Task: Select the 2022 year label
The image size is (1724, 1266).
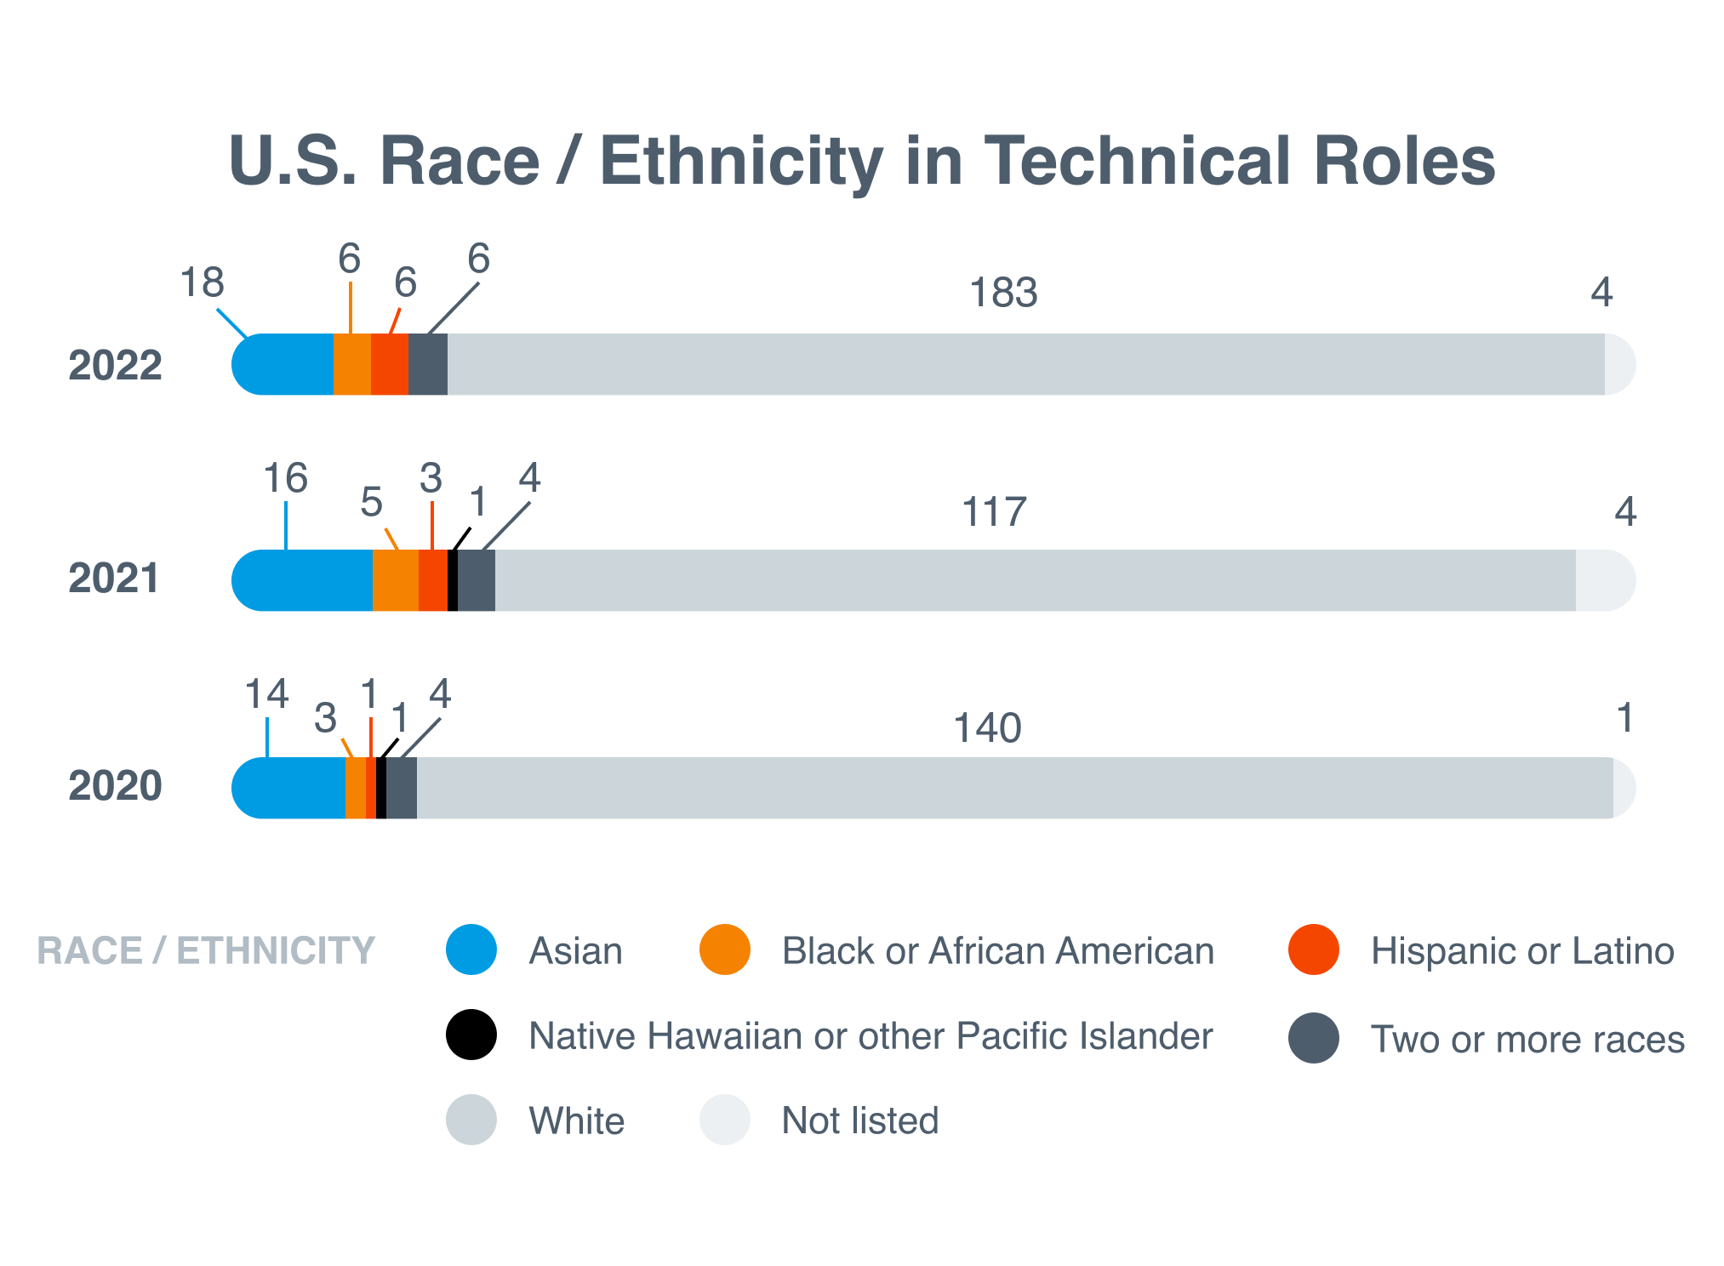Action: (x=115, y=365)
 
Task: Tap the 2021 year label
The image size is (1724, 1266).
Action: (x=113, y=579)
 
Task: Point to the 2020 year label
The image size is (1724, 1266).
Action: (x=115, y=785)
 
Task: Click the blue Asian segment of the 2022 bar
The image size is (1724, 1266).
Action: (x=285, y=365)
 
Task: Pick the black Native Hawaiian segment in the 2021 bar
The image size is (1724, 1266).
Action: (x=453, y=580)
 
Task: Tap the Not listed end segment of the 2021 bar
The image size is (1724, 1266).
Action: (x=1604, y=580)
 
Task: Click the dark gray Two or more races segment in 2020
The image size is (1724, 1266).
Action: (x=402, y=788)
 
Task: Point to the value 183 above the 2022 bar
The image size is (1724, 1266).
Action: (x=1003, y=293)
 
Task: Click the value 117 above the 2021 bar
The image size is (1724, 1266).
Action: (x=993, y=512)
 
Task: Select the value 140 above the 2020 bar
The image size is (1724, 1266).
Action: (x=986, y=728)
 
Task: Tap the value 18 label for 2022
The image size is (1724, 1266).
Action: (x=203, y=282)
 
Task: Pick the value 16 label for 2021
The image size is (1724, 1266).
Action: (x=285, y=478)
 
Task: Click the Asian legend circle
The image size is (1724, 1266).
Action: (x=471, y=949)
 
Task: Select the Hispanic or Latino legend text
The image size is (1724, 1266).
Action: (x=1521, y=951)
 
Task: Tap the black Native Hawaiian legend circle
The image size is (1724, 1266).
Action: (x=471, y=1035)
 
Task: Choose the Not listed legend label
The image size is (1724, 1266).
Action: (x=859, y=1121)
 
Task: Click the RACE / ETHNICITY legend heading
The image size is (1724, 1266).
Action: (x=206, y=951)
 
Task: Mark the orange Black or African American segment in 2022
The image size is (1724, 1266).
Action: (x=351, y=365)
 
